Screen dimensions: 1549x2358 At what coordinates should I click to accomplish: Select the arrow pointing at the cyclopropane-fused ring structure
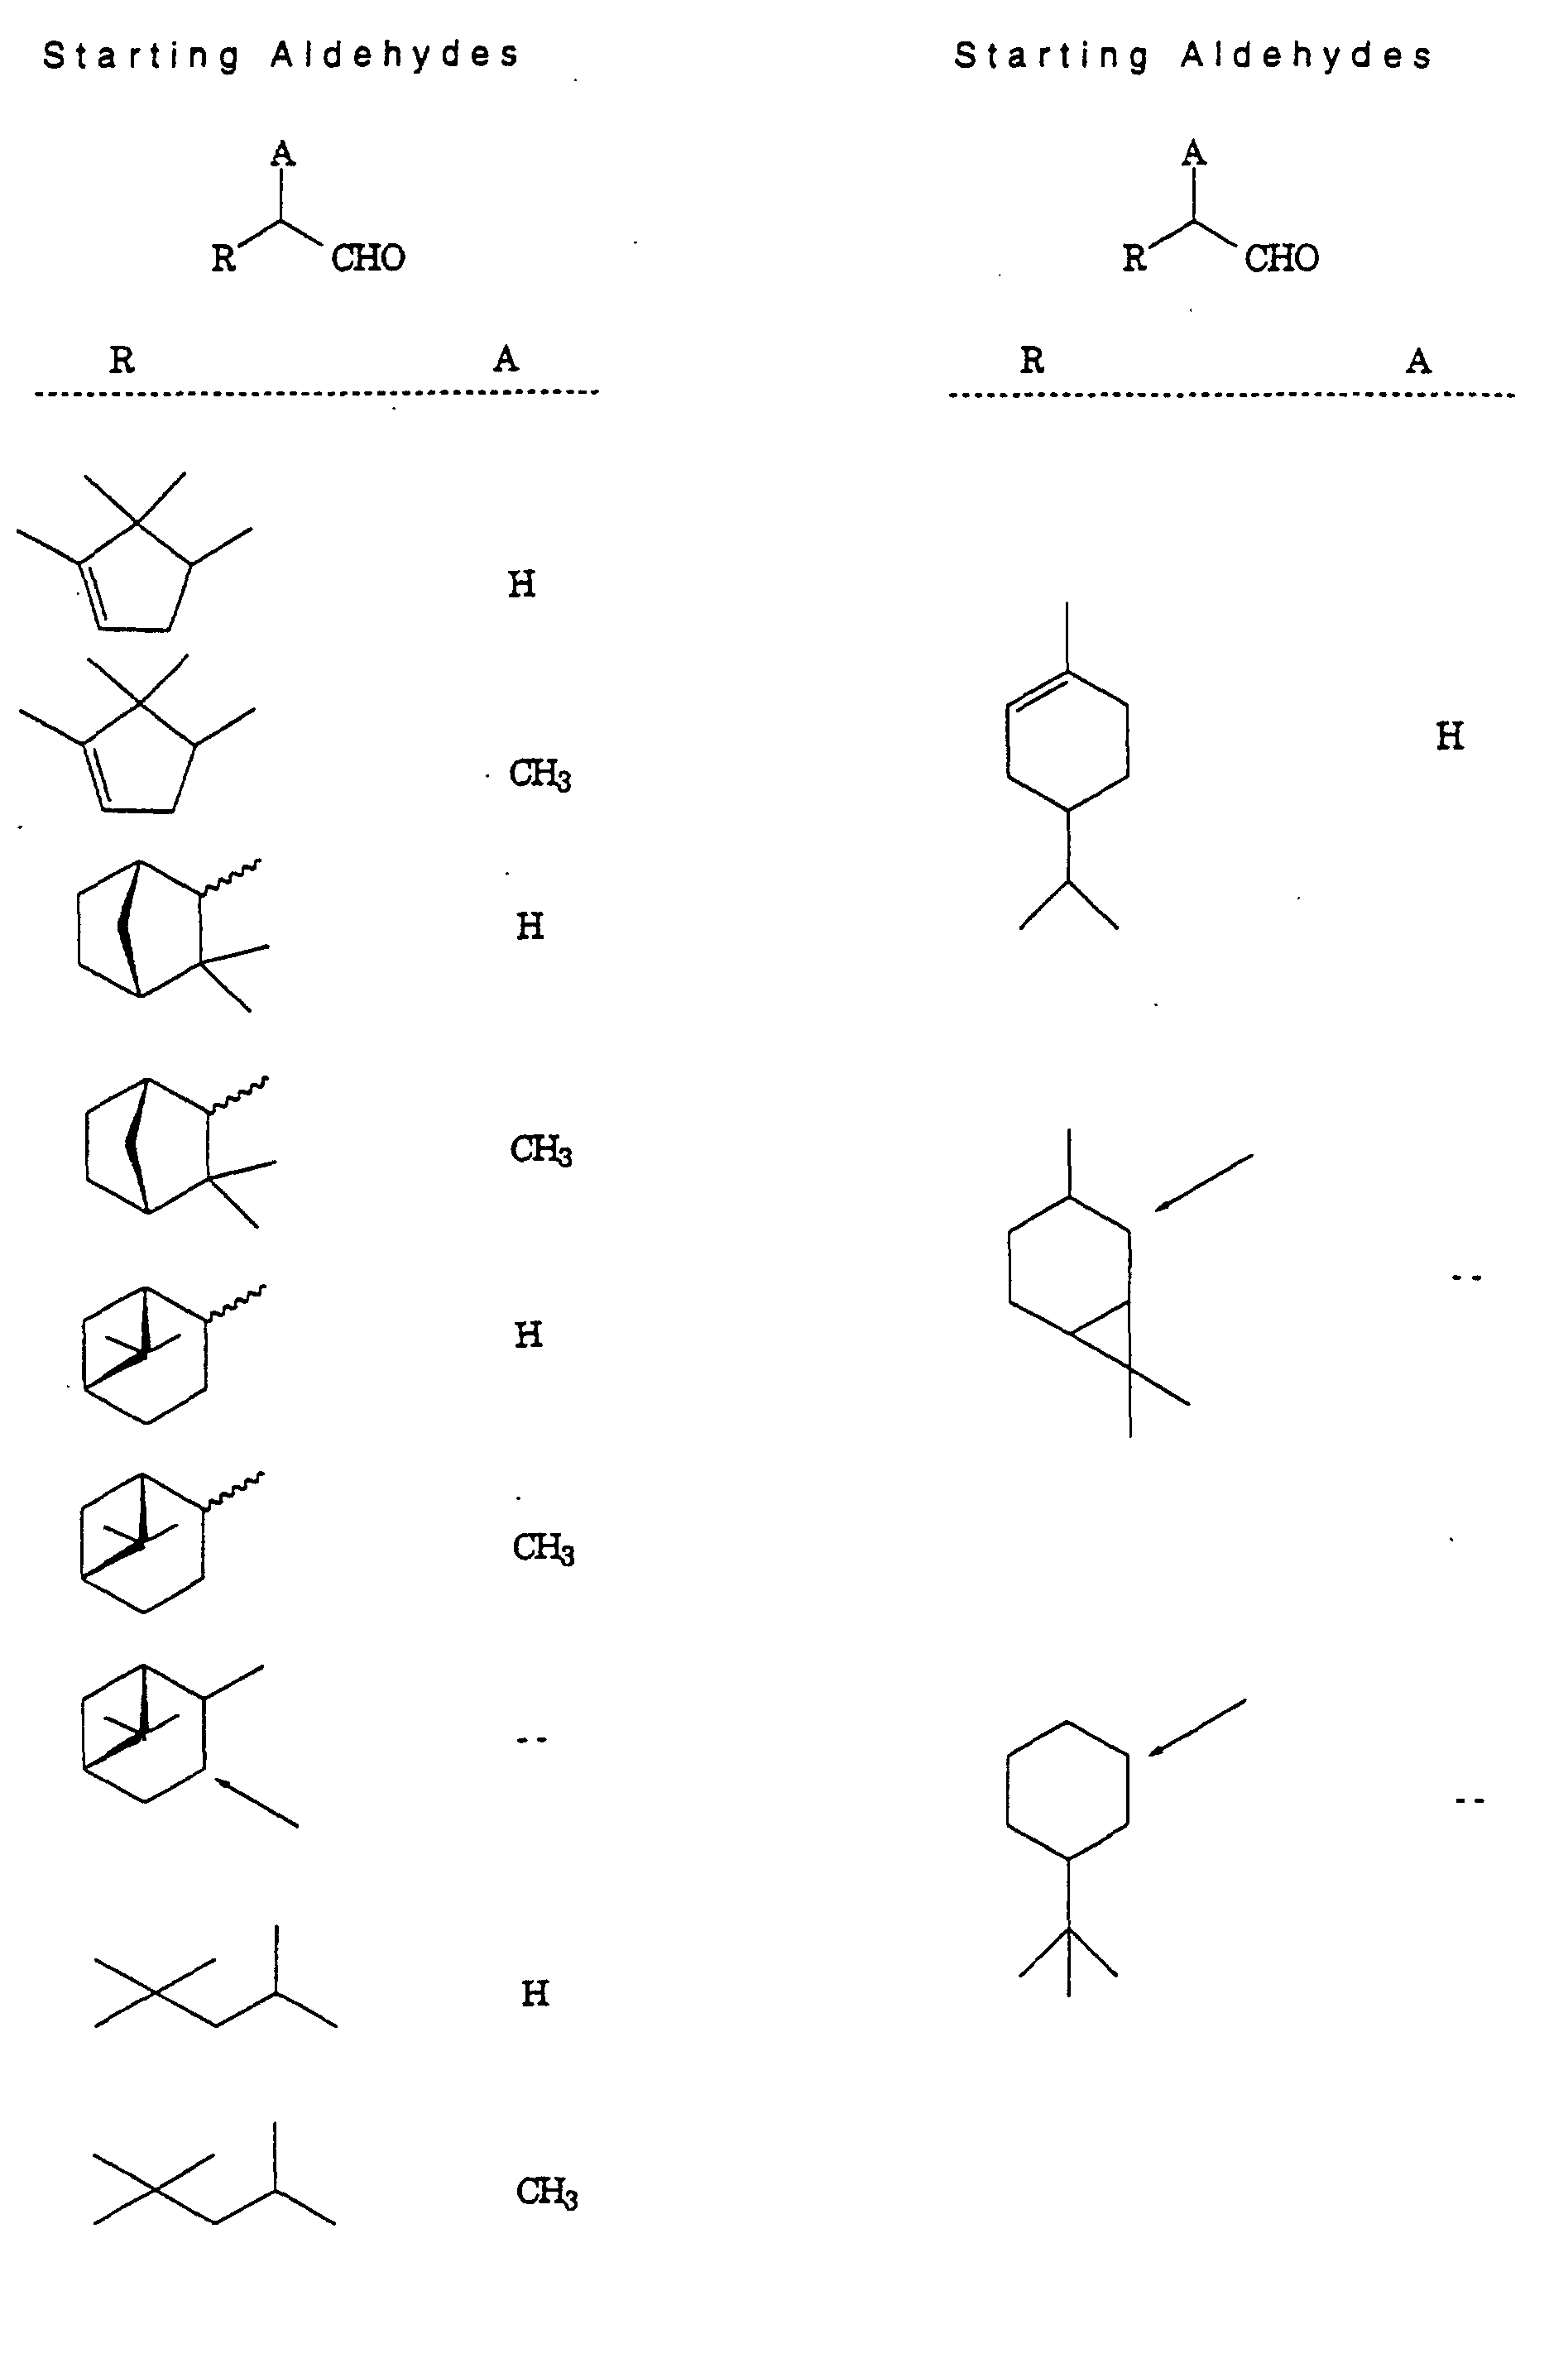(x=1203, y=1182)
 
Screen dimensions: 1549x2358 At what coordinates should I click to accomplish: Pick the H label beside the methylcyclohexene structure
(x=1449, y=736)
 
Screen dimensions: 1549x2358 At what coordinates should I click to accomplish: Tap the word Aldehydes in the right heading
(x=1307, y=56)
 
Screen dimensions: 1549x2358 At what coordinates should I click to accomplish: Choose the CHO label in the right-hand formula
(x=1282, y=259)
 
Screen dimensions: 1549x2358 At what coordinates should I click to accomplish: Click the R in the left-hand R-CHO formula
(x=223, y=259)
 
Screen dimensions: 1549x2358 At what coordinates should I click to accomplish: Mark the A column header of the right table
(x=1418, y=361)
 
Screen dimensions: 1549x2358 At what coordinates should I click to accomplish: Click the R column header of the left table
(x=122, y=360)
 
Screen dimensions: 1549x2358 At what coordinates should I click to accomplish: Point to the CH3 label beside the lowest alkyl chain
(x=546, y=2193)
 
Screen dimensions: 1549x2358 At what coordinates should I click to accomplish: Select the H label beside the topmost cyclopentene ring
(x=521, y=585)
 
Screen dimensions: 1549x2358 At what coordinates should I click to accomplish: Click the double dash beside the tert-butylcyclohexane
(x=1469, y=1800)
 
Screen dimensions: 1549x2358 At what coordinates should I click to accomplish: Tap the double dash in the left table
(x=531, y=1740)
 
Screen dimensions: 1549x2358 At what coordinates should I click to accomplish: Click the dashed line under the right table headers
(x=1231, y=395)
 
